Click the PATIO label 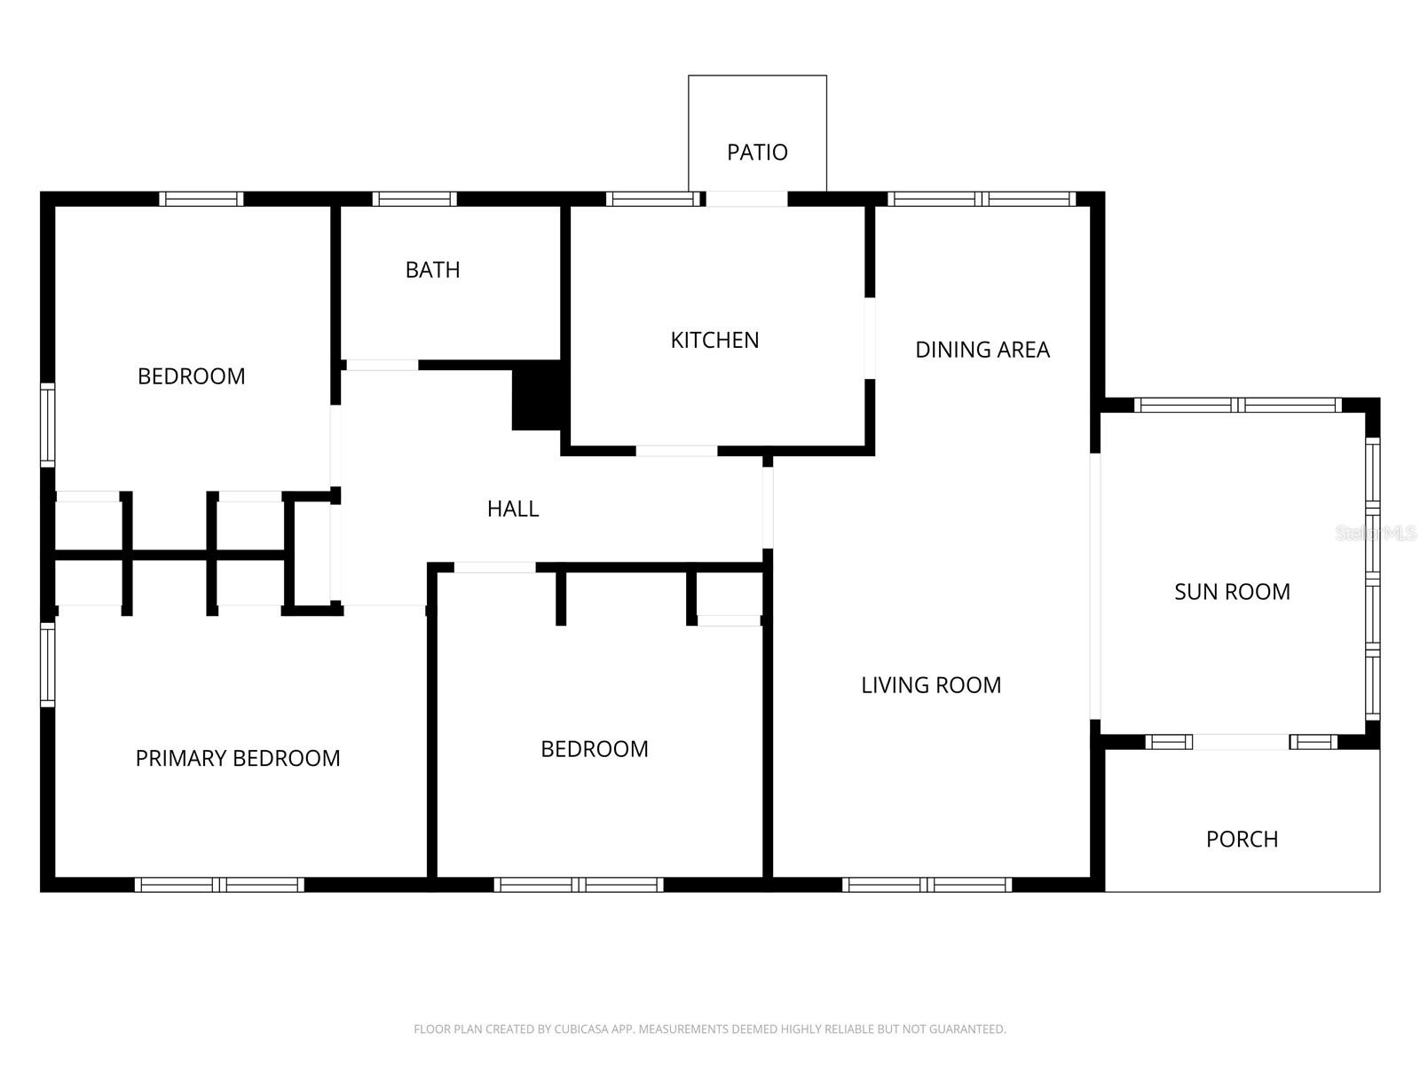pyautogui.click(x=757, y=153)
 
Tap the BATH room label pyautogui.click(x=432, y=270)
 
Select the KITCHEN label pyautogui.click(x=714, y=340)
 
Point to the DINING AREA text pyautogui.click(x=982, y=350)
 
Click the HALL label pyautogui.click(x=513, y=509)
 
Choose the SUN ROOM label pyautogui.click(x=1232, y=592)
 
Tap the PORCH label pyautogui.click(x=1242, y=840)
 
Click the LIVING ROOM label pyautogui.click(x=931, y=685)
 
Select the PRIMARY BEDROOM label pyautogui.click(x=238, y=758)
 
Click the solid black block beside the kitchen pyautogui.click(x=536, y=398)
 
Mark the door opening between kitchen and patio pyautogui.click(x=746, y=199)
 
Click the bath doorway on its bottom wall pyautogui.click(x=382, y=365)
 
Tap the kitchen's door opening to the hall pyautogui.click(x=676, y=451)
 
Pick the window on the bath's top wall pyautogui.click(x=414, y=199)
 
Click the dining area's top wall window pyautogui.click(x=982, y=199)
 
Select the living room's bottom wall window pyautogui.click(x=927, y=884)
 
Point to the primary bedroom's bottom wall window pyautogui.click(x=219, y=884)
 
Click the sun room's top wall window pyautogui.click(x=1238, y=406)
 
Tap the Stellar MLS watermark pyautogui.click(x=1376, y=533)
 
